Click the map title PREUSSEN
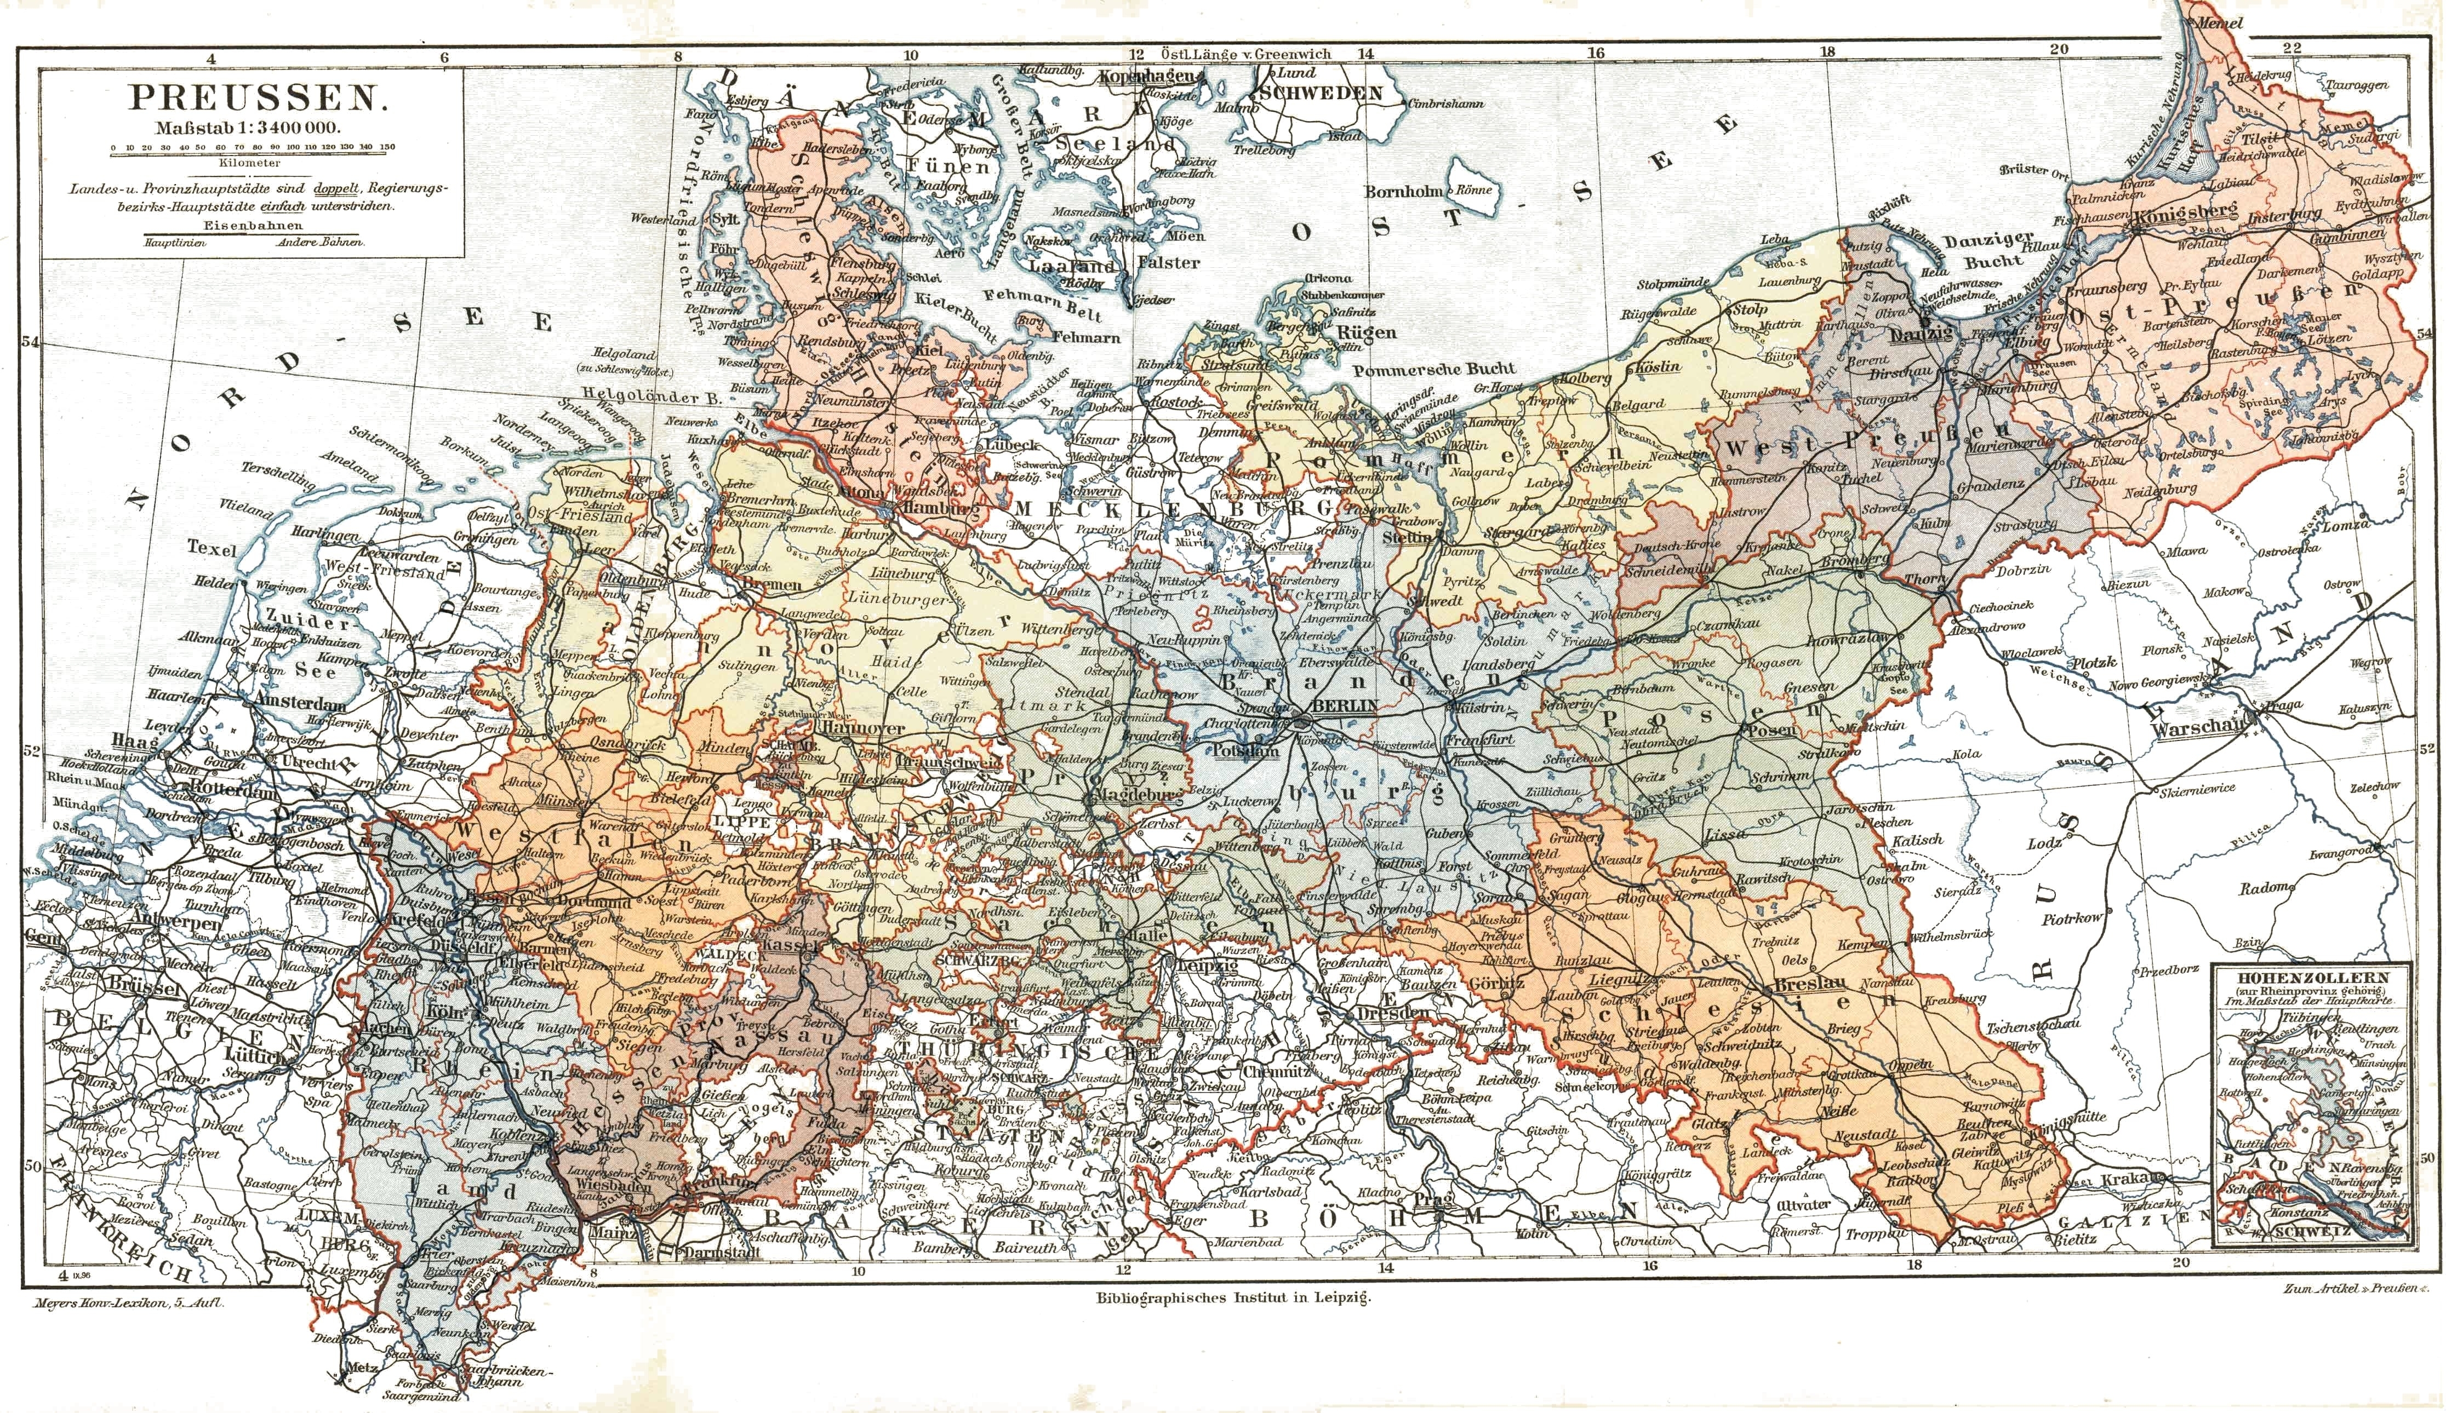253,99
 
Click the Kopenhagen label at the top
1142,74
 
